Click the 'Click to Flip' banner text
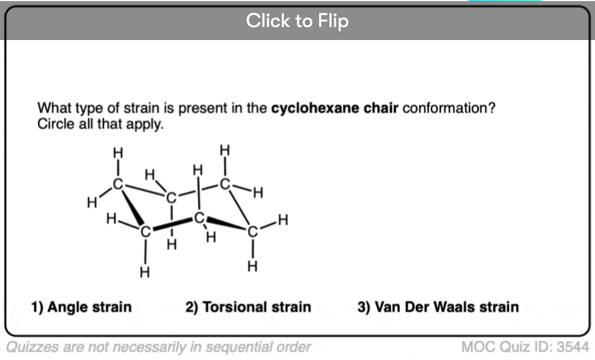tap(297, 21)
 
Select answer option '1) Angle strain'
tap(81, 307)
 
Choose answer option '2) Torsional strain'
tap(248, 307)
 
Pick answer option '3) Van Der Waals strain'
tap(438, 307)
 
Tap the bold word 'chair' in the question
tap(381, 108)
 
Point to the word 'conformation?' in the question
tap(449, 108)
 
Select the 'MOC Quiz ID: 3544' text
tap(525, 346)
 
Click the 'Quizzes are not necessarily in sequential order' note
tap(158, 347)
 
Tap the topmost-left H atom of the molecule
tap(118, 153)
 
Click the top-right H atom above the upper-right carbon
tap(224, 151)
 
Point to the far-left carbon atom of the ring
tap(118, 184)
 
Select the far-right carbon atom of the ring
tap(253, 231)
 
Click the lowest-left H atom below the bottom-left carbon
tap(144, 272)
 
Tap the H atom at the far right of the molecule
tap(283, 219)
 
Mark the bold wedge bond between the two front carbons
tap(172, 224)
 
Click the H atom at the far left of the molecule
tap(92, 203)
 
